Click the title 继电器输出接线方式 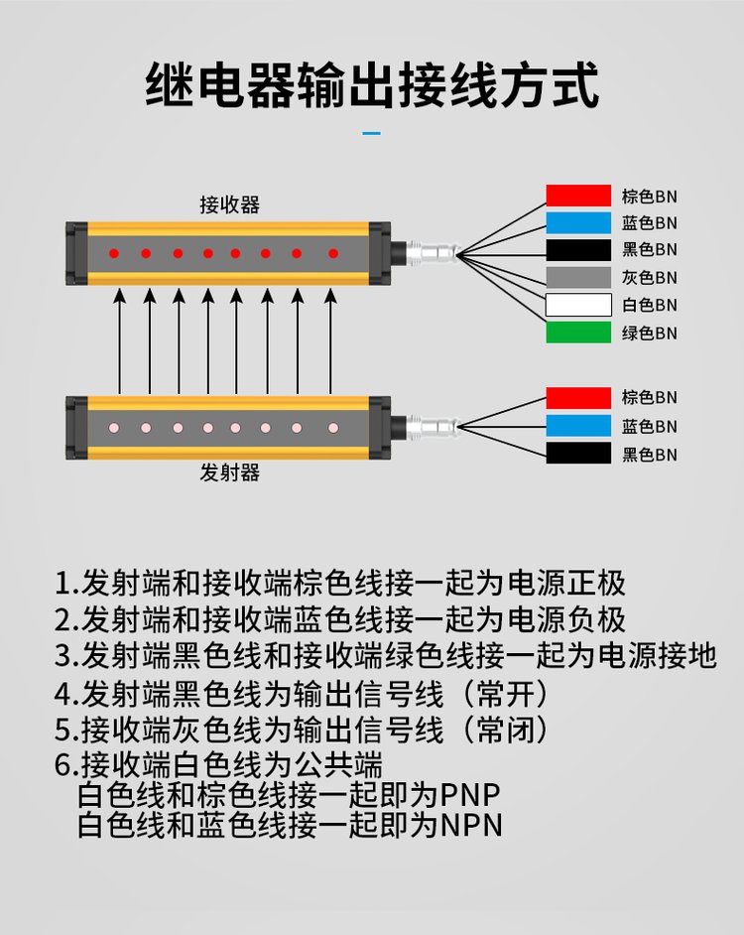pos(372,84)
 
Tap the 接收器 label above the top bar pos(229,205)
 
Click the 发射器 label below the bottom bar pos(229,472)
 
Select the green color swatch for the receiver pos(578,333)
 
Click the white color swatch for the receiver pos(578,305)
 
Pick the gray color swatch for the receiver pos(578,278)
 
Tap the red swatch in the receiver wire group pos(578,196)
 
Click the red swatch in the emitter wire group pos(578,398)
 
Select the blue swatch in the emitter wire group pos(578,426)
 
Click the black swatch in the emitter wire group pos(578,454)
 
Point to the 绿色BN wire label pos(649,334)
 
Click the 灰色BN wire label pos(649,278)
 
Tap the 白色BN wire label pos(649,306)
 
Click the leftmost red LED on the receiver pos(115,254)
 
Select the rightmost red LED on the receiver pos(333,254)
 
